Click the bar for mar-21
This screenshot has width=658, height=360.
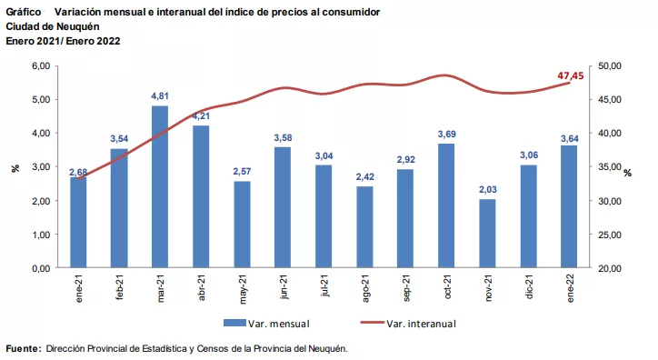coord(160,187)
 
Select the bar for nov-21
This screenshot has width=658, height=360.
coord(488,234)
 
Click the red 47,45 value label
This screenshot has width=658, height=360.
coord(571,75)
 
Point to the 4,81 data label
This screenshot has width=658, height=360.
coord(160,95)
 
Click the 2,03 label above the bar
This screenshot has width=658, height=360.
coord(488,189)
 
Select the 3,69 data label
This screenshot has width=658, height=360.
coord(447,134)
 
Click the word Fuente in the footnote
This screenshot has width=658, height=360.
coord(23,348)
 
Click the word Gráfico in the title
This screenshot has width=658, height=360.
coord(24,12)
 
